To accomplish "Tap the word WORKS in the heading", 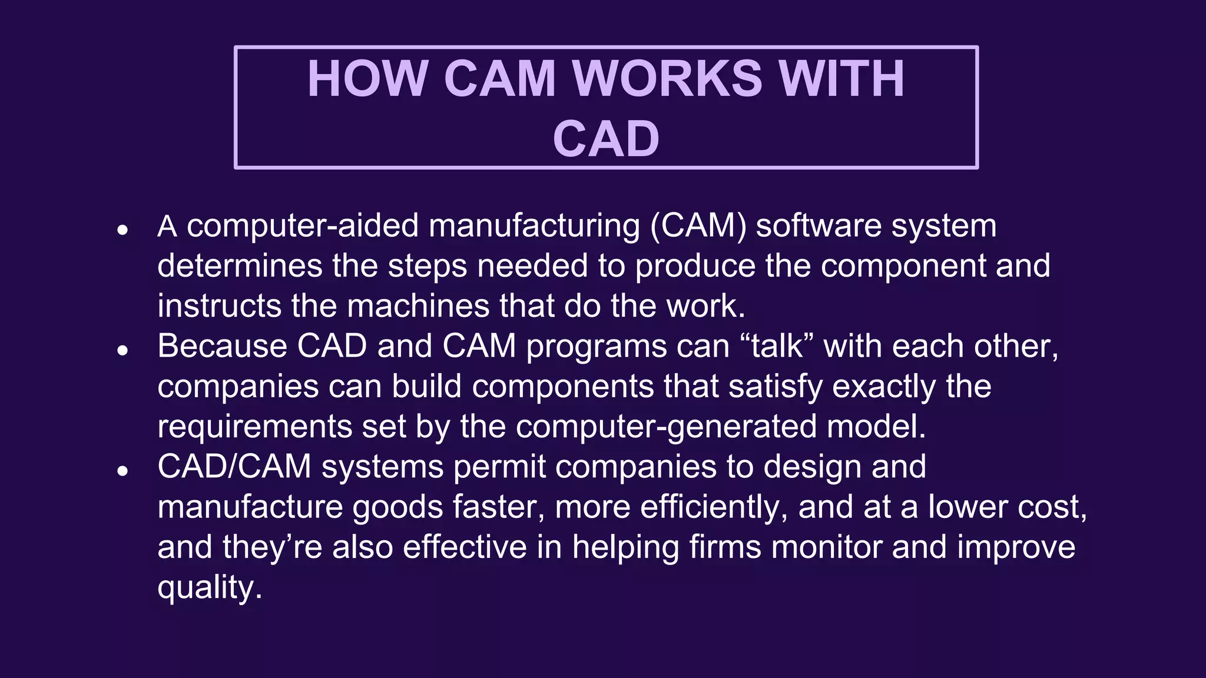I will coord(667,79).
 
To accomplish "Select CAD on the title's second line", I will coord(606,139).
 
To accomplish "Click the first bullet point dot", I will coord(122,230).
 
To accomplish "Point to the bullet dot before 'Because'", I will coord(122,351).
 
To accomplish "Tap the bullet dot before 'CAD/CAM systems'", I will coord(122,471).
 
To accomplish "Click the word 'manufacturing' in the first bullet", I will coord(534,226).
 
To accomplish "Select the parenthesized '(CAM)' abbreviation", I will coord(698,226).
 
